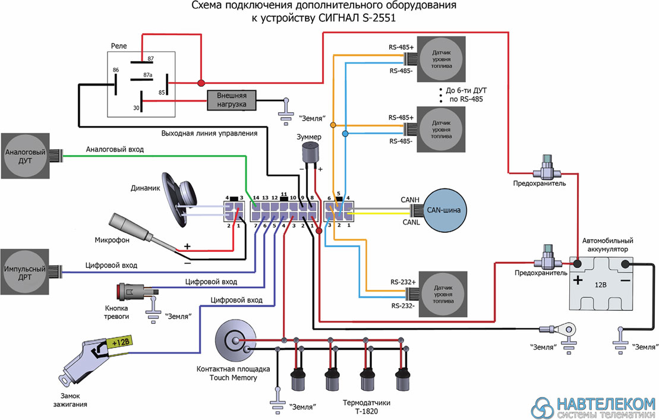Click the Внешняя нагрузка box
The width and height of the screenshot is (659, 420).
pyautogui.click(x=232, y=100)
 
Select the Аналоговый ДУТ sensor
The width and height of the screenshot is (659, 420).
pyautogui.click(x=25, y=156)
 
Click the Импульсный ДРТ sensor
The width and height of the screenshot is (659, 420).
pyautogui.click(x=25, y=272)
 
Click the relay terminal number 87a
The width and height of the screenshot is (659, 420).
pyautogui.click(x=147, y=75)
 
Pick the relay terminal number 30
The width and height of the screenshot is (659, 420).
pyautogui.click(x=136, y=108)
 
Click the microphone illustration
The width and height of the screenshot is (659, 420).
pyautogui.click(x=143, y=233)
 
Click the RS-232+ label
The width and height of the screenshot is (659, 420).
pyautogui.click(x=403, y=282)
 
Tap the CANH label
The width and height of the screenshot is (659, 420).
pyautogui.click(x=410, y=200)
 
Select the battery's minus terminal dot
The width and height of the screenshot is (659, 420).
pyautogui.click(x=625, y=264)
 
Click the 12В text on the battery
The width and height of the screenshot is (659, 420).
pyautogui.click(x=601, y=285)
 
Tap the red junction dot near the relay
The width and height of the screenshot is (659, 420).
pyautogui.click(x=201, y=83)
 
